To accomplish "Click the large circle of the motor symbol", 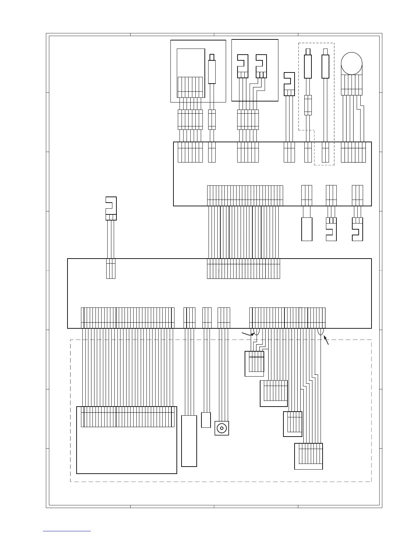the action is (352, 63).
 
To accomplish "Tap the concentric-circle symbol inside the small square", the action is (222, 428).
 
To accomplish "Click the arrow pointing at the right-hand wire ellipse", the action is (326, 340).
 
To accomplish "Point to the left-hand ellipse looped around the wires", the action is (256, 332).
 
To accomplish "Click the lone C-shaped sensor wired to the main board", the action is (111, 208).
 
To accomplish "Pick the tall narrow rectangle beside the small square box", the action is (189, 441).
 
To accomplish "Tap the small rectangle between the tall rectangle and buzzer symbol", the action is (206, 420).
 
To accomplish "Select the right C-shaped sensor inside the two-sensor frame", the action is (261, 66).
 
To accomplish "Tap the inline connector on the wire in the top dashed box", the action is (308, 105).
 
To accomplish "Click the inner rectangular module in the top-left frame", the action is (191, 72).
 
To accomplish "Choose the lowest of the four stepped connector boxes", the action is (308, 456).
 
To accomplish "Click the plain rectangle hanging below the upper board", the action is (307, 229).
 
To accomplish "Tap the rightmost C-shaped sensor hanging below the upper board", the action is (357, 229).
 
